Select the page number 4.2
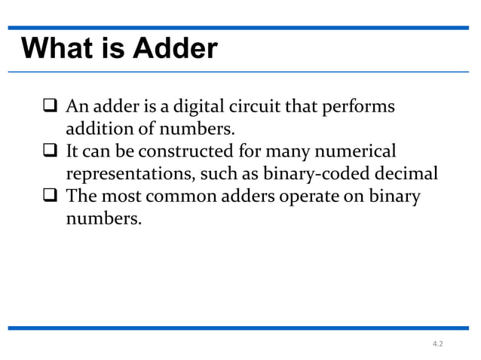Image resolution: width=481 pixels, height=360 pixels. [438, 343]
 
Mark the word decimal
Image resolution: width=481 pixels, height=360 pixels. [406, 172]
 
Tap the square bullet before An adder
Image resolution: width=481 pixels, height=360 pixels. [48, 105]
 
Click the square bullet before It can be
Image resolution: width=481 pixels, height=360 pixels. [48, 151]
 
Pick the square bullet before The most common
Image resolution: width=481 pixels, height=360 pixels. [48, 197]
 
